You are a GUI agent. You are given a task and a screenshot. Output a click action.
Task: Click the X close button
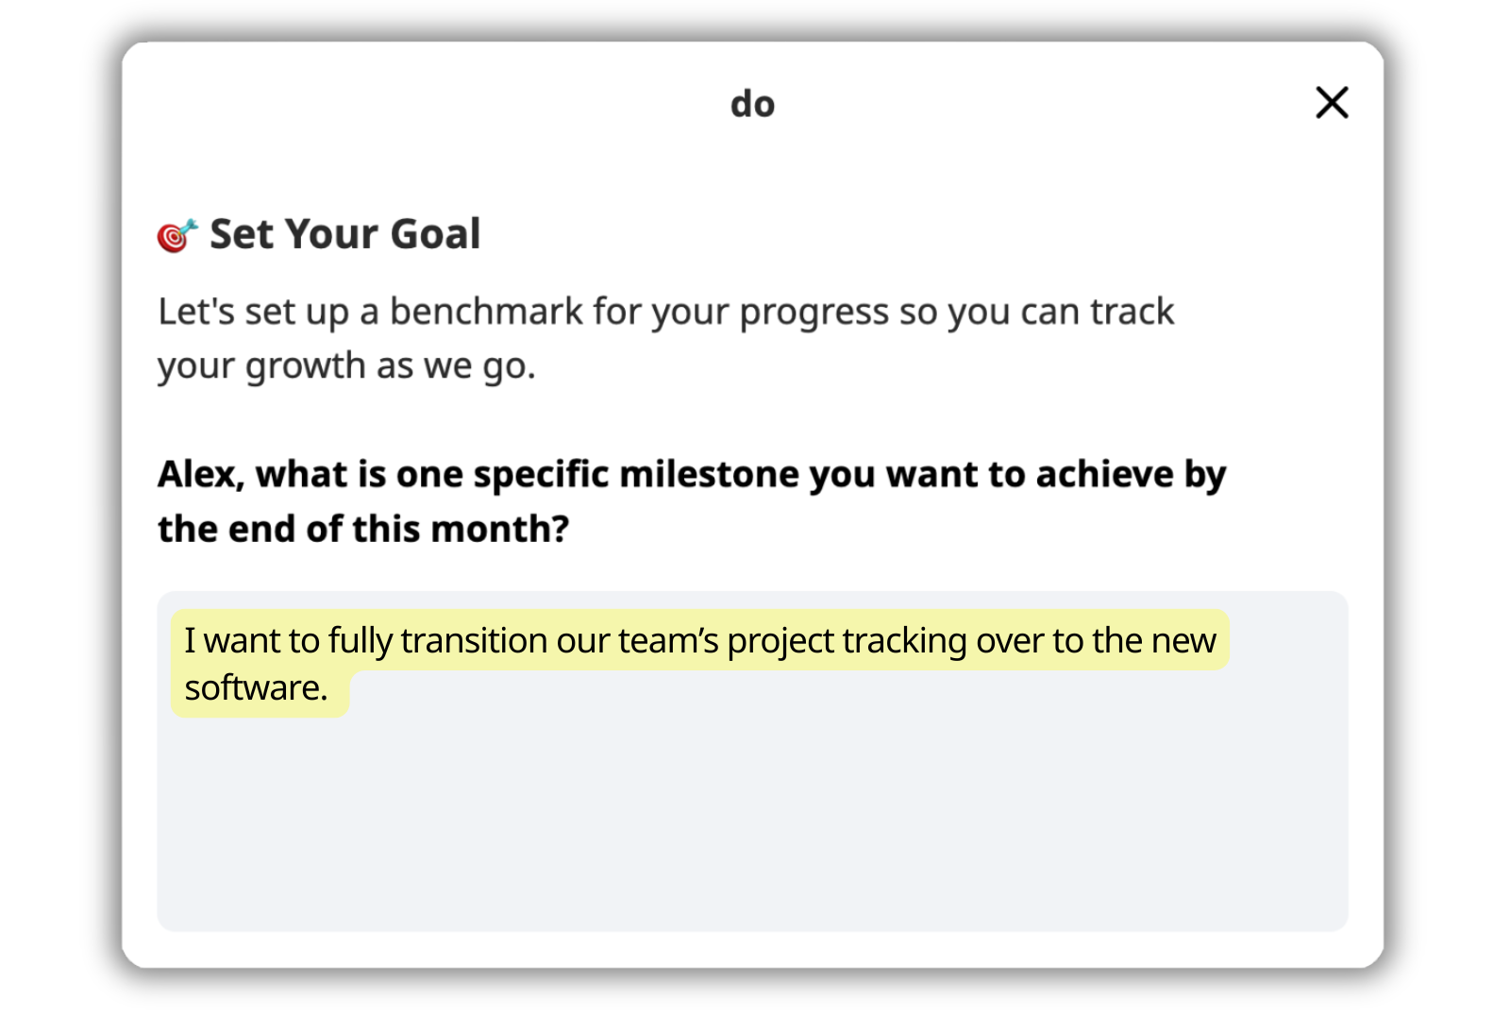click(x=1332, y=103)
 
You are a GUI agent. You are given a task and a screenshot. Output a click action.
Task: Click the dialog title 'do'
click(x=753, y=104)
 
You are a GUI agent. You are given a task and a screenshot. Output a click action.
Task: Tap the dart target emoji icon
click(x=177, y=235)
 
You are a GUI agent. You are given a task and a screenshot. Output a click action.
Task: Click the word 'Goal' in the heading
click(x=435, y=234)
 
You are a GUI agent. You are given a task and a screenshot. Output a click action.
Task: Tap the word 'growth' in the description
click(x=306, y=367)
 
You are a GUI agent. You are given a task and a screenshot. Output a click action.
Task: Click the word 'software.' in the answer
click(x=256, y=688)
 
